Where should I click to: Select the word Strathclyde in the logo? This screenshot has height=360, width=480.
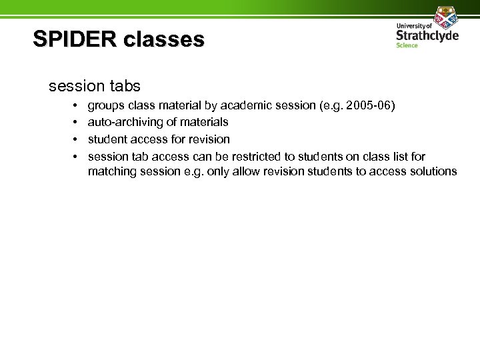click(427, 34)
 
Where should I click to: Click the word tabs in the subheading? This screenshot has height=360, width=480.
click(124, 86)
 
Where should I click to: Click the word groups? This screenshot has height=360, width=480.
click(105, 105)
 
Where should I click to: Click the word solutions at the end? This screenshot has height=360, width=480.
click(435, 172)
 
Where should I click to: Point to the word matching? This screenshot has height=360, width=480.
click(111, 172)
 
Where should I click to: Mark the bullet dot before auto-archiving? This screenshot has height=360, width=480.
click(76, 123)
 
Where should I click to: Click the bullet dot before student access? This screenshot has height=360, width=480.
click(76, 139)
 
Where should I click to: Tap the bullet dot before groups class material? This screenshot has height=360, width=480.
click(76, 105)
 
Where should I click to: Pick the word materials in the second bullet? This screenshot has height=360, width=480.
click(205, 123)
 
